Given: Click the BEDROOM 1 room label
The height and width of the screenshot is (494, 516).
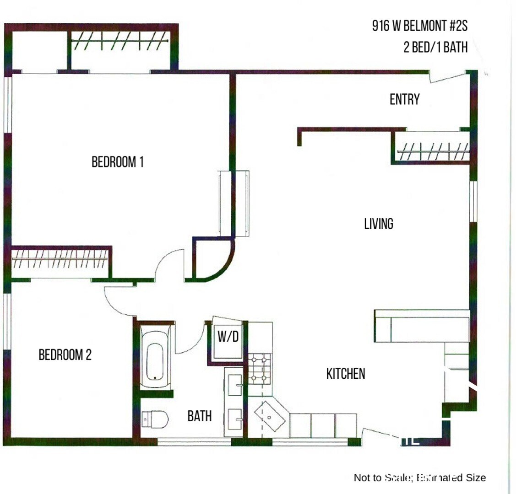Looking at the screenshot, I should tap(118, 162).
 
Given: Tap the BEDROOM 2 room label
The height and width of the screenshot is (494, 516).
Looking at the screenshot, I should tap(65, 355).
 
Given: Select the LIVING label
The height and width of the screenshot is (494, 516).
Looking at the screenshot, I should tap(379, 224).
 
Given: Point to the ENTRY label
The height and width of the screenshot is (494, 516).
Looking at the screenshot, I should tap(404, 99).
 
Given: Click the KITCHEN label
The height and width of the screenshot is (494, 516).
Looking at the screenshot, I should tap(346, 374).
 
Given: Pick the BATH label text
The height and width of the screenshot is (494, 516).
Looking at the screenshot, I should tap(200, 416).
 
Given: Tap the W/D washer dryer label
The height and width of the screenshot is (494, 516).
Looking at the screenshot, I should tap(228, 338).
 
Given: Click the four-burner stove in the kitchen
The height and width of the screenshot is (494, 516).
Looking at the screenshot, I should tap(260, 369).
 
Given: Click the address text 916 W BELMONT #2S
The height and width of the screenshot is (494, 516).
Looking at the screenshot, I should tap(420, 26).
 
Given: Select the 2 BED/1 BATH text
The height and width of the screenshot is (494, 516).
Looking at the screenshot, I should tap(435, 47).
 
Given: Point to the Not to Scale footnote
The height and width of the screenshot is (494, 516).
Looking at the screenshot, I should tap(419, 478).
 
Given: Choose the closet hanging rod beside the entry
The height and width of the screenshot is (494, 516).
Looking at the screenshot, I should tap(433, 151).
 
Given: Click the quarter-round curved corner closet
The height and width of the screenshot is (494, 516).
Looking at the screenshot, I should tap(211, 261).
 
